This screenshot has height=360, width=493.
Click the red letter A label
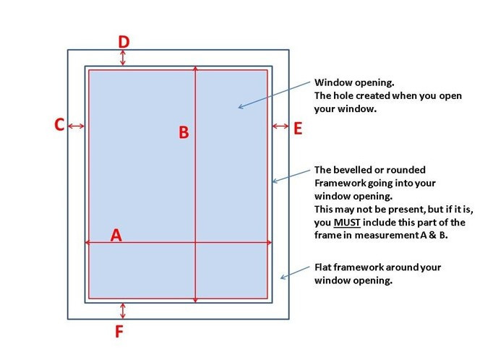tap(116, 235)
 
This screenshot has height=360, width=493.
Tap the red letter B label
tap(184, 132)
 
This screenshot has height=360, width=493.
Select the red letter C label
tap(59, 124)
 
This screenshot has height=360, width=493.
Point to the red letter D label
tap(124, 42)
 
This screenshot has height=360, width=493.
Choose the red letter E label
tap(298, 129)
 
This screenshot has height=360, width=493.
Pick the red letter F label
tap(119, 331)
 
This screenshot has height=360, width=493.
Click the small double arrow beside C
tap(76, 126)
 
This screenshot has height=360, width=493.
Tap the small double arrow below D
tap(123, 58)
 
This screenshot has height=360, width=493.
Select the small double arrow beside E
tap(280, 126)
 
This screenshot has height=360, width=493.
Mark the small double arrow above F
tap(123, 311)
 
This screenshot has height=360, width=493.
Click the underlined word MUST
tap(347, 222)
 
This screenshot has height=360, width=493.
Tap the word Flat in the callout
tap(322, 267)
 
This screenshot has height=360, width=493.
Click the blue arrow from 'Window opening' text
tap(274, 95)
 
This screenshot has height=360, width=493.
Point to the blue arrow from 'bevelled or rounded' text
tap(291, 176)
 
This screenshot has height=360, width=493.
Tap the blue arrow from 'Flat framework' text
tap(295, 273)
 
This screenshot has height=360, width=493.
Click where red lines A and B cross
tap(195, 242)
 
